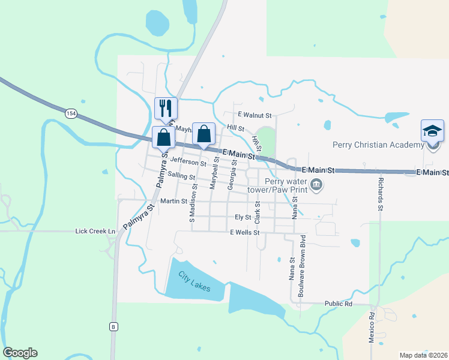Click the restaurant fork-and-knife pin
tap(166, 108)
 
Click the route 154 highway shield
tap(71, 114)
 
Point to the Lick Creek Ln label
tap(95, 231)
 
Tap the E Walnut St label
tap(255, 115)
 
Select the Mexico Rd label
tap(372, 327)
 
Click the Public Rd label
tap(338, 304)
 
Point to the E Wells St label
tap(244, 232)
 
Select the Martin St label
tap(175, 201)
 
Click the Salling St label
tap(182, 176)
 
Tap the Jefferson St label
tap(188, 161)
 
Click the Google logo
tap(20, 353)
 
